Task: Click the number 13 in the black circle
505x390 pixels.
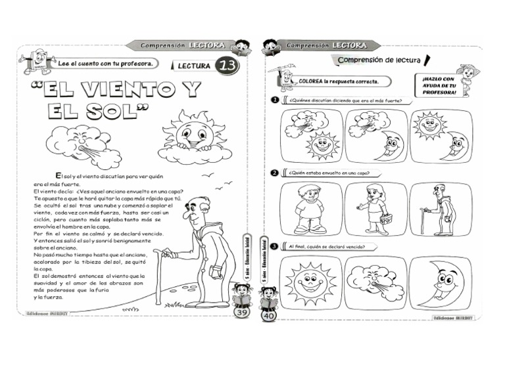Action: (227, 66)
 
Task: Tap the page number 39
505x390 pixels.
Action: (241, 314)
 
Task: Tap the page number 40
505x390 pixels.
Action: (268, 316)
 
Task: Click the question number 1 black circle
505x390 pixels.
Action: (275, 100)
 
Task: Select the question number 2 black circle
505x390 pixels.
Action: (275, 173)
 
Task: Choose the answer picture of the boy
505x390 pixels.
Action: (310, 209)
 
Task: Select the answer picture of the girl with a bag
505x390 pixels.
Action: (375, 209)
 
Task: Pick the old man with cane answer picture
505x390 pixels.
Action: (440, 209)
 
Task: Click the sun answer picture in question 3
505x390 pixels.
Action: (310, 282)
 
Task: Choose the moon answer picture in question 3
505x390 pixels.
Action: (440, 282)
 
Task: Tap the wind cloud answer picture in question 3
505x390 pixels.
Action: (375, 282)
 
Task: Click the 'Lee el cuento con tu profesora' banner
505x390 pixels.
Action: (105, 64)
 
